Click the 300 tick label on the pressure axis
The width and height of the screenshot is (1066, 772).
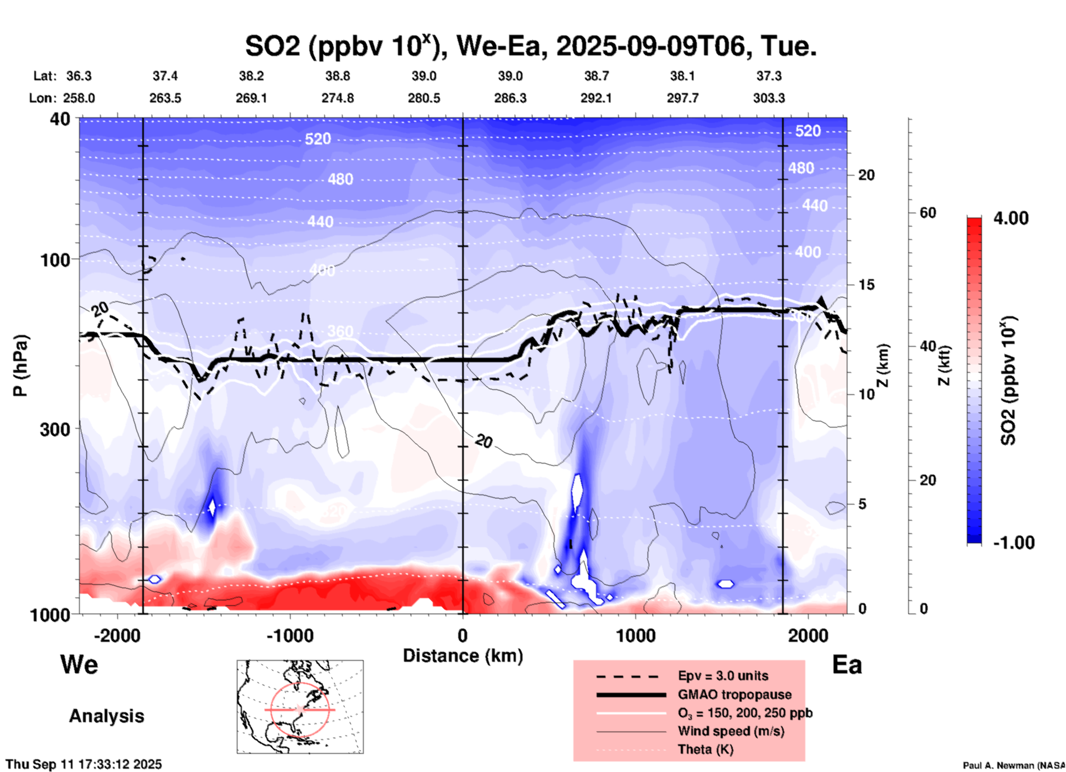pyautogui.click(x=55, y=429)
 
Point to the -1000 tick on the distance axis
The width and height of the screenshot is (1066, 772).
pyautogui.click(x=290, y=635)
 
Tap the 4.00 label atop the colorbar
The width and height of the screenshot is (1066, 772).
pyautogui.click(x=1011, y=218)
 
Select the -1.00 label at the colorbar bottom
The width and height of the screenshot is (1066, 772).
pyautogui.click(x=1013, y=542)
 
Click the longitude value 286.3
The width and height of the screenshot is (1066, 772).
pyautogui.click(x=510, y=98)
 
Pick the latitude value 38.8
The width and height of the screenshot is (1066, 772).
pyautogui.click(x=338, y=76)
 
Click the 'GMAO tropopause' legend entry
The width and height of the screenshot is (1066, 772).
pyautogui.click(x=734, y=694)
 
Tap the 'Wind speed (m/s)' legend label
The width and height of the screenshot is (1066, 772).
pyautogui.click(x=731, y=731)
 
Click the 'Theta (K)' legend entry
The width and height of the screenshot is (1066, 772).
pyautogui.click(x=705, y=749)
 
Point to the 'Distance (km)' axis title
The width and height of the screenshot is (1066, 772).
pyautogui.click(x=463, y=656)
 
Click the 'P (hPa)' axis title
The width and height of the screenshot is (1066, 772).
pyautogui.click(x=20, y=366)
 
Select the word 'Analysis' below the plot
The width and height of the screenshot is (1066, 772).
pyautogui.click(x=106, y=716)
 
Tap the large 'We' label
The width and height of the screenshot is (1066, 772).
pyautogui.click(x=79, y=664)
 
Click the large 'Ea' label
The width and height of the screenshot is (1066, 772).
pyautogui.click(x=847, y=665)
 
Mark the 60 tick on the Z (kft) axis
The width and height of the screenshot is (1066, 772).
pyautogui.click(x=928, y=213)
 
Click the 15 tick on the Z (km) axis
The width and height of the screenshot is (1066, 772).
pyautogui.click(x=866, y=285)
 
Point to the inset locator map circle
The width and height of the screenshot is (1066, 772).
pyautogui.click(x=300, y=709)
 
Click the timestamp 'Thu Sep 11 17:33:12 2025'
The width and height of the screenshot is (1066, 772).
pyautogui.click(x=84, y=764)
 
